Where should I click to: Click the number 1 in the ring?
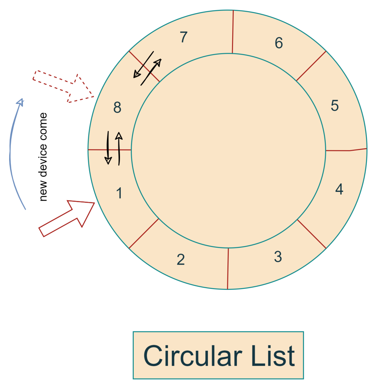119,193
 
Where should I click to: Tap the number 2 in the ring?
180,260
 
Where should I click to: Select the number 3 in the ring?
278,257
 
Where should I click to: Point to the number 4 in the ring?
339,189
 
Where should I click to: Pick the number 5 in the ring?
334,105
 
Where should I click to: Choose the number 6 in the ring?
279,43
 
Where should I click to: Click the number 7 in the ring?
183,37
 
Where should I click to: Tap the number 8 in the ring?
117,108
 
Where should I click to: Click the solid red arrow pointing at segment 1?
67,218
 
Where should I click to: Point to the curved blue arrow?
12,151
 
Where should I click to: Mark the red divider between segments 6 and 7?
233,32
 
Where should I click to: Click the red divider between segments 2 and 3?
228,268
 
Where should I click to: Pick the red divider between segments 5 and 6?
311,66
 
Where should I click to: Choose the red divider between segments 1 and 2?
144,233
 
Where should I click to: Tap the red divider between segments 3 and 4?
312,234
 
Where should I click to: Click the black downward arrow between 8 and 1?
108,148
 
